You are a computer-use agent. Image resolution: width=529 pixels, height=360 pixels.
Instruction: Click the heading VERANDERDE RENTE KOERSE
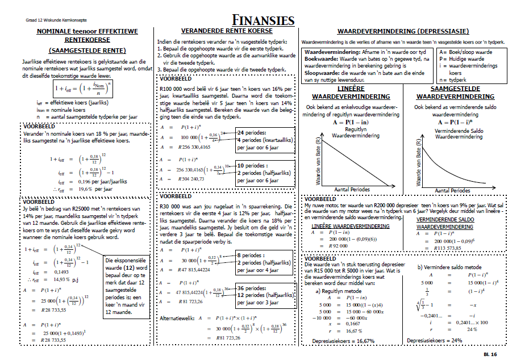[226, 31]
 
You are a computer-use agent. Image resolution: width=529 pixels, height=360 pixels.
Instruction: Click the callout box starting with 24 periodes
[266, 140]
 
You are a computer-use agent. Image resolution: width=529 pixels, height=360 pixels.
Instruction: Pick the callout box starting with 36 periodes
[266, 295]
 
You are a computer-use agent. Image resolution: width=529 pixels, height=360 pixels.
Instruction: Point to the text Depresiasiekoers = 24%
[434, 340]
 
